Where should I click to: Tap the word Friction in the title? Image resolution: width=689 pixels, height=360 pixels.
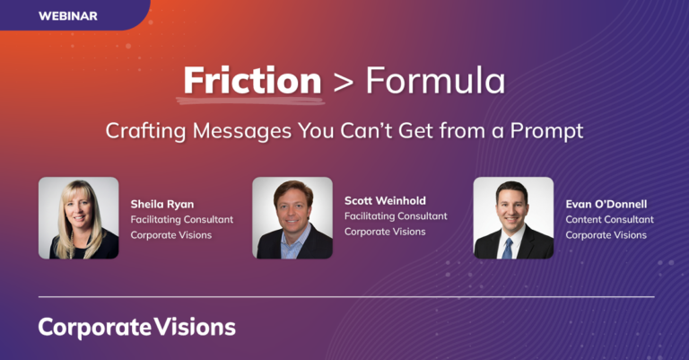point(252,80)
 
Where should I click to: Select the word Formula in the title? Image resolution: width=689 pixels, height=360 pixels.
point(434,80)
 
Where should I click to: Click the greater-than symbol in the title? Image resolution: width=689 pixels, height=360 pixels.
point(343,82)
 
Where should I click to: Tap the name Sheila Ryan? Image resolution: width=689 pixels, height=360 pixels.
point(162,203)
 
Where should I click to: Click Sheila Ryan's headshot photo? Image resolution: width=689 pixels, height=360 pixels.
point(78,217)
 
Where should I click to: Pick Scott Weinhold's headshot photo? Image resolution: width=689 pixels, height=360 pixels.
point(292,217)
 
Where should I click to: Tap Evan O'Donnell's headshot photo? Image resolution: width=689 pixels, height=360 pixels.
point(513,217)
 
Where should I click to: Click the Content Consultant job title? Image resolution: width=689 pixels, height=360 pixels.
point(609,219)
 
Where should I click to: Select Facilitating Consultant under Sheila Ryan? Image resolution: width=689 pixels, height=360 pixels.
point(181,219)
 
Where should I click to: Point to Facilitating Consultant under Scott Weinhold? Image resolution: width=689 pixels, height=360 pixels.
point(396,215)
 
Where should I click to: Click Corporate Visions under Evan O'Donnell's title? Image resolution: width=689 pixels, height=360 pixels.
point(606,235)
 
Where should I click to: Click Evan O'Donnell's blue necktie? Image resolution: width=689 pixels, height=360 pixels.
point(508,247)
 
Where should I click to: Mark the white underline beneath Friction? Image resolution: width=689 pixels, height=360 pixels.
point(252,96)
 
